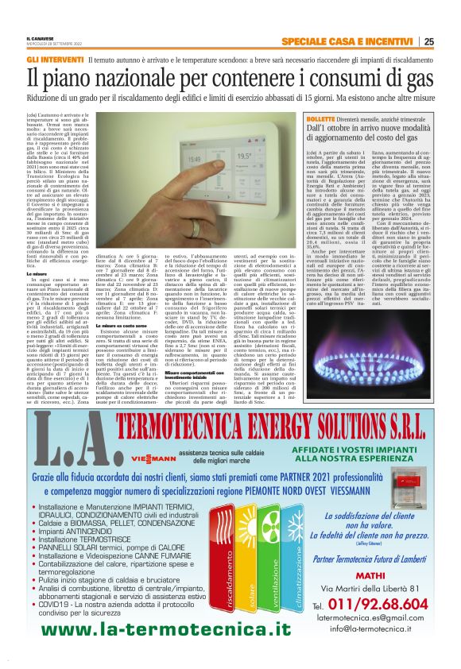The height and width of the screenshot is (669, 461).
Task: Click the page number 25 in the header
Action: (428, 41)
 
